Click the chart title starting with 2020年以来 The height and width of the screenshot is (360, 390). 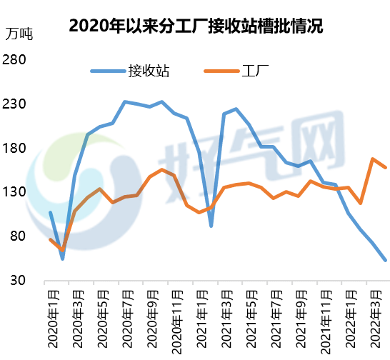[x=196, y=27]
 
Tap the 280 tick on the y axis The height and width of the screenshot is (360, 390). [x=15, y=61]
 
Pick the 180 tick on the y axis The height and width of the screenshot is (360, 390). [x=15, y=149]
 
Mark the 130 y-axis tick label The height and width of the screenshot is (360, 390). [x=15, y=193]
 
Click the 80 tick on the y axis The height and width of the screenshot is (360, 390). [x=18, y=236]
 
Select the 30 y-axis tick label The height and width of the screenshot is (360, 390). [x=18, y=281]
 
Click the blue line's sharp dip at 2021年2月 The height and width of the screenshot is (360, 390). [x=211, y=226]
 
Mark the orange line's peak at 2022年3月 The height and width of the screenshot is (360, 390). [x=373, y=159]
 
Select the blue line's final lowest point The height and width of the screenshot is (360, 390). [x=386, y=260]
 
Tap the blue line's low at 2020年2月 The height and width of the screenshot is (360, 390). [x=62, y=258]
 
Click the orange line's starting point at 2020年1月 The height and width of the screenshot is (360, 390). [x=50, y=239]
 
